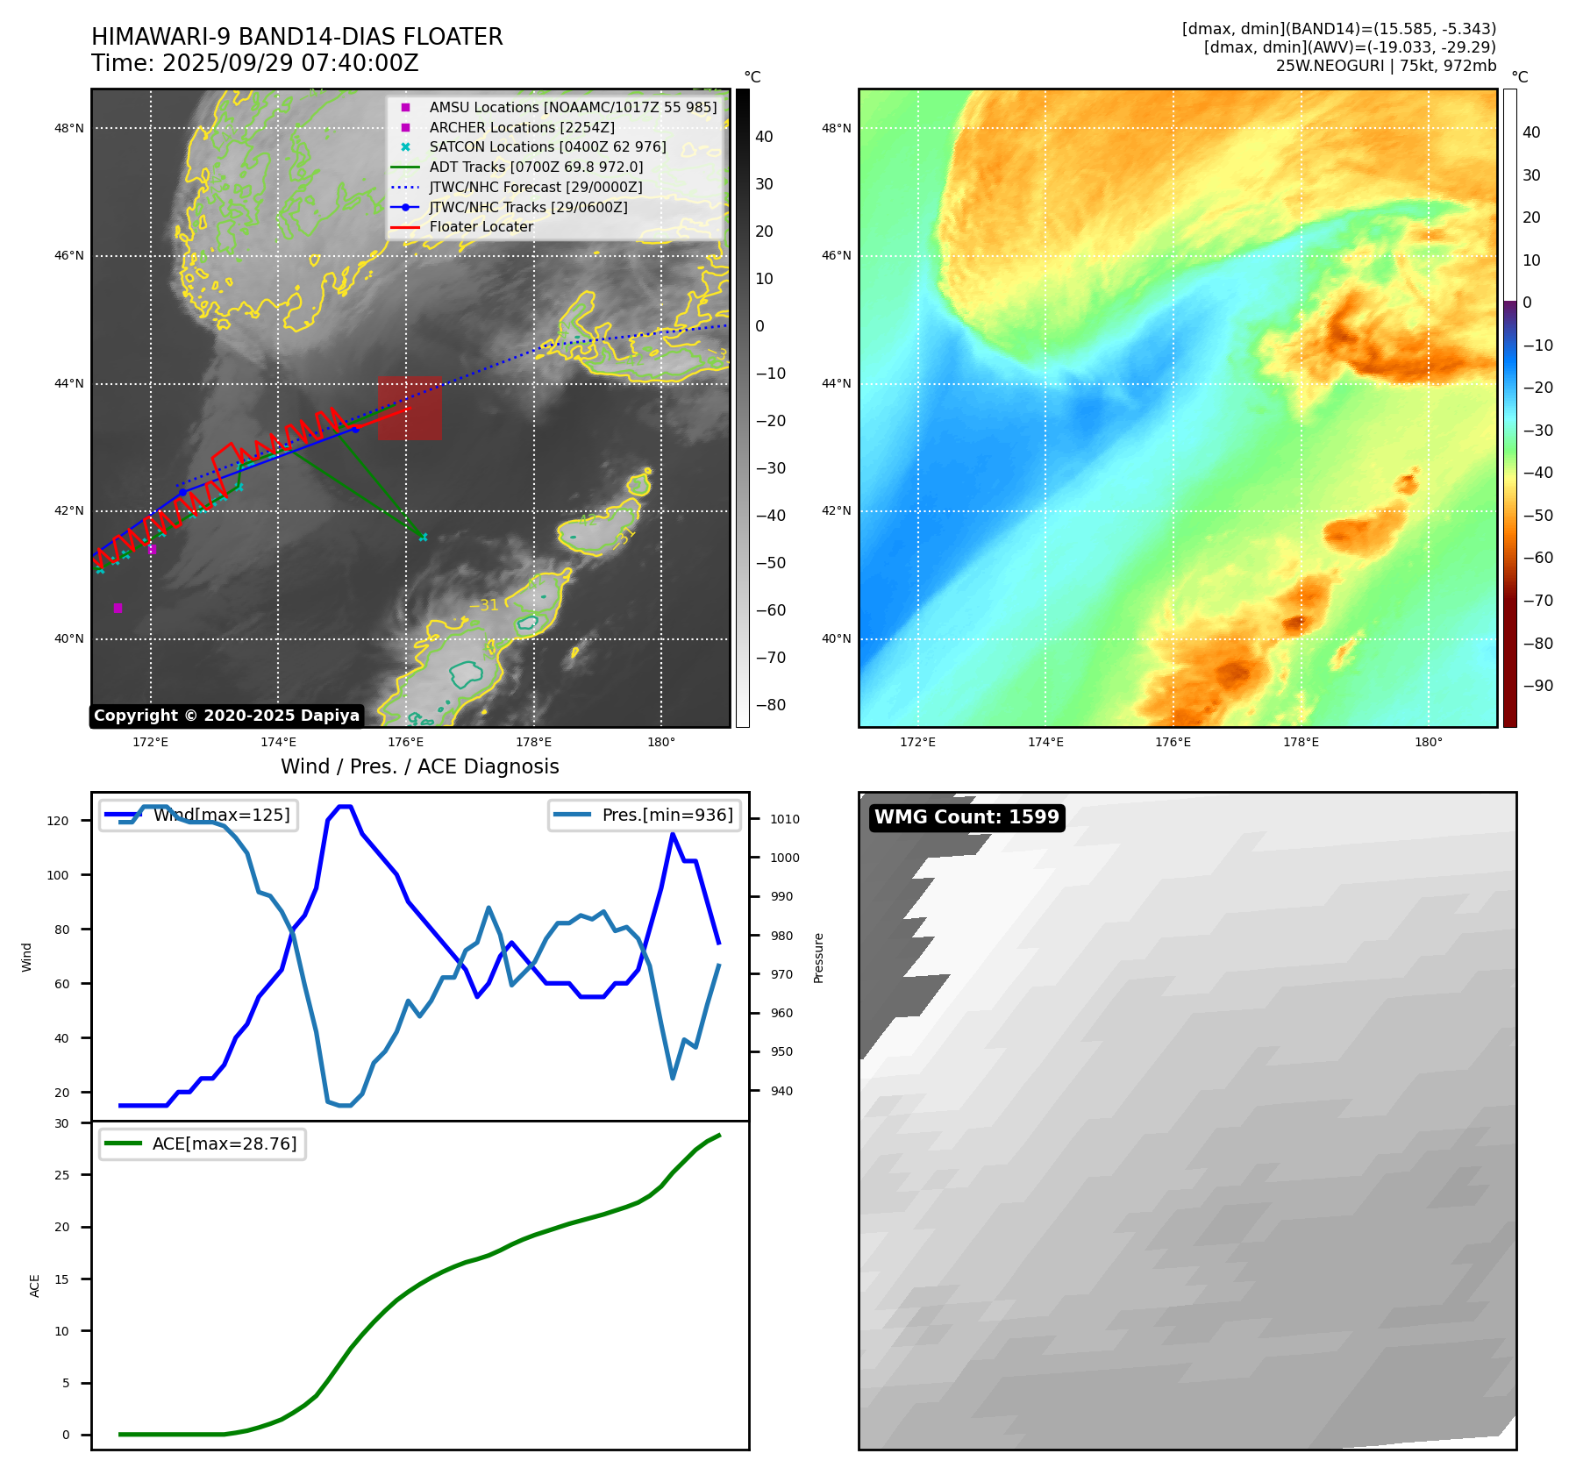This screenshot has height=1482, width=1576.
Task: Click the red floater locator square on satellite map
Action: point(410,409)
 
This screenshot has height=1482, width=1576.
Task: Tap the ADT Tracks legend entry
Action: point(517,167)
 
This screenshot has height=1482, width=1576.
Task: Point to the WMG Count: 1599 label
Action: point(966,817)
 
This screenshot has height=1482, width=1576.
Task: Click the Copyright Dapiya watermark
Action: point(226,716)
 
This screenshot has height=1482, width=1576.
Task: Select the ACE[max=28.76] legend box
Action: point(203,1144)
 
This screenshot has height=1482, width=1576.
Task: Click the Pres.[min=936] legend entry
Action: point(645,815)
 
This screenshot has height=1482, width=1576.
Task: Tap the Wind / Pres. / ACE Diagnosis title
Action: point(420,766)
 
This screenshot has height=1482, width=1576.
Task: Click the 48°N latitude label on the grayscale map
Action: point(69,128)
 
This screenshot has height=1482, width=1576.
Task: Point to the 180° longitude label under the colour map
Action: point(1428,742)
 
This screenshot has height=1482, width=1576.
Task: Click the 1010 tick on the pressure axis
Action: point(785,819)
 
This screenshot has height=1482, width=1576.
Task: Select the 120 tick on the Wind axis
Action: point(58,821)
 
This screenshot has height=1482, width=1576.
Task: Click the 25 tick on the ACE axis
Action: point(62,1175)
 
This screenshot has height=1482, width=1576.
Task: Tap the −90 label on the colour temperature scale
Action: point(1537,686)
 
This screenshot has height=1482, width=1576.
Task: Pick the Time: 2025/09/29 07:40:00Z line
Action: point(255,63)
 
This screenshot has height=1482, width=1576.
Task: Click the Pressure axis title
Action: point(818,958)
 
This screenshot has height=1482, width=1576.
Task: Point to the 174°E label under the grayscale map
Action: point(278,742)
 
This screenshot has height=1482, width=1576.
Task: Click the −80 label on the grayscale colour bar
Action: point(771,705)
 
